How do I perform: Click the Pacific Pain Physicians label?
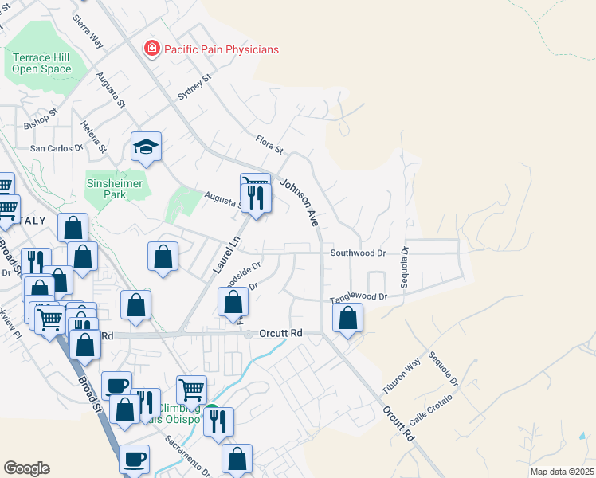click(x=222, y=49)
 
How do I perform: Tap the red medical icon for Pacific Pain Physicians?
click(x=151, y=49)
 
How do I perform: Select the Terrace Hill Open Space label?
click(x=41, y=63)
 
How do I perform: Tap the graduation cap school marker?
click(x=147, y=147)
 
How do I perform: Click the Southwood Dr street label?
click(x=358, y=253)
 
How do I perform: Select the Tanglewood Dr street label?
click(x=359, y=298)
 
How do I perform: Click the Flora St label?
click(x=269, y=144)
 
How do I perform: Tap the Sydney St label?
click(x=193, y=87)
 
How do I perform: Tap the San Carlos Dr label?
click(x=57, y=148)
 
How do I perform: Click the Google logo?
click(x=26, y=468)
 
